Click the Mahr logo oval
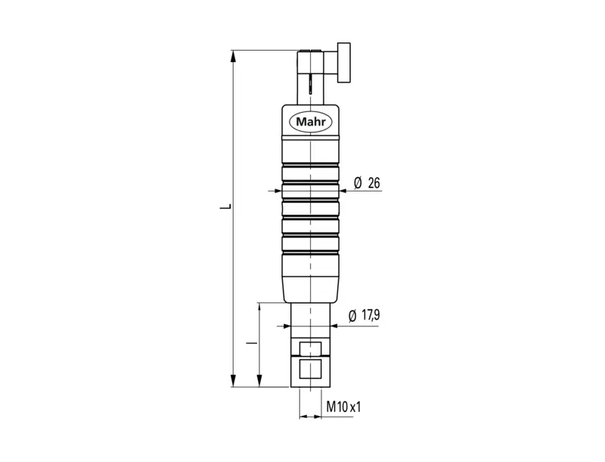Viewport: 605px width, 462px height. (311, 122)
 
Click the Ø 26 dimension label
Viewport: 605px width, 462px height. (367, 183)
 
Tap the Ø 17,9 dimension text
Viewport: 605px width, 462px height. (364, 316)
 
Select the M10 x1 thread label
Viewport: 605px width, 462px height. (343, 407)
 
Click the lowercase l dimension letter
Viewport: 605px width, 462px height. (252, 342)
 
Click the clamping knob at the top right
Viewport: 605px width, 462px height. (344, 63)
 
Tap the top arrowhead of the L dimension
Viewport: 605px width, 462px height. (233, 56)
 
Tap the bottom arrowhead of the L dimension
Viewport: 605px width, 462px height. (233, 380)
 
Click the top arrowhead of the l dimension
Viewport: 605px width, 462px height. (259, 309)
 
